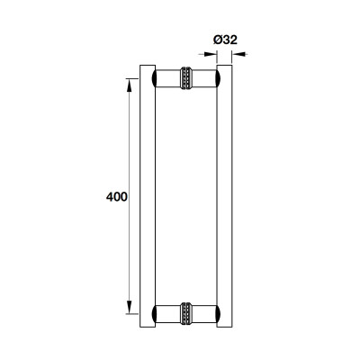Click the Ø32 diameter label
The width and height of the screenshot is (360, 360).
point(223,39)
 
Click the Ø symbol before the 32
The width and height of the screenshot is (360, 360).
point(213,39)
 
